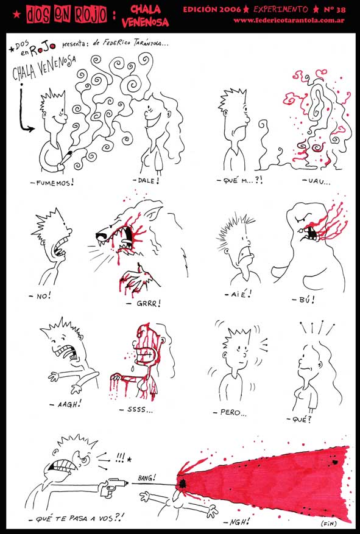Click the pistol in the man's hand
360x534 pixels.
tap(113, 485)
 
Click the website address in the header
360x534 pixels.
tap(289, 21)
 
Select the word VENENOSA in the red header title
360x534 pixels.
tap(145, 23)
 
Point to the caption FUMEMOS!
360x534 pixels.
tap(52, 183)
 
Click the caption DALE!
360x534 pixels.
tap(146, 180)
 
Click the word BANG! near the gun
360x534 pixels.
tap(146, 478)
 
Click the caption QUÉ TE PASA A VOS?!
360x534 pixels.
tap(80, 518)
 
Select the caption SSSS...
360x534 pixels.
tap(136, 409)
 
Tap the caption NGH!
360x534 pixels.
tap(237, 521)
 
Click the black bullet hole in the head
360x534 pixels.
tap(183, 483)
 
